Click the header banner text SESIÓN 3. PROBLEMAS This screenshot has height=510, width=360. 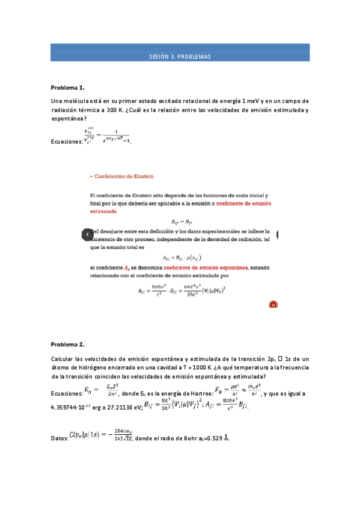pos(180,57)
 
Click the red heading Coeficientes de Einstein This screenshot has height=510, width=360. pos(123,176)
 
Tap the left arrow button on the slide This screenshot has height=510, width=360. pos(87,233)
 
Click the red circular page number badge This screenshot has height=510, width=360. pos(272,305)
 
